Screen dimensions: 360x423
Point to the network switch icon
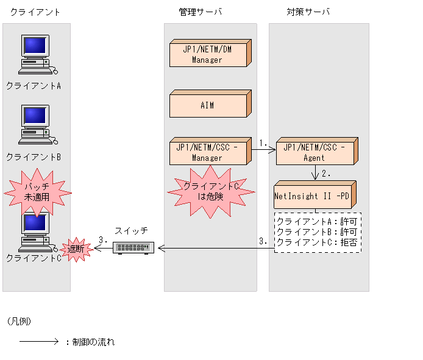click(x=134, y=248)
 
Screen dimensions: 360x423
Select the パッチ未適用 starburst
click(x=37, y=192)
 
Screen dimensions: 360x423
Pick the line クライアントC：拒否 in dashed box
click(x=317, y=242)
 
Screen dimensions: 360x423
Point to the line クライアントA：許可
click(x=317, y=221)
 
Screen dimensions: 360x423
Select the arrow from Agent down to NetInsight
click(x=315, y=172)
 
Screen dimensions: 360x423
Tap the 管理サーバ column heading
click(x=201, y=12)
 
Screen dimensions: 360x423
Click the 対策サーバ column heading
click(x=308, y=12)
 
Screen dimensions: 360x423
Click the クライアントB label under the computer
click(x=34, y=157)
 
